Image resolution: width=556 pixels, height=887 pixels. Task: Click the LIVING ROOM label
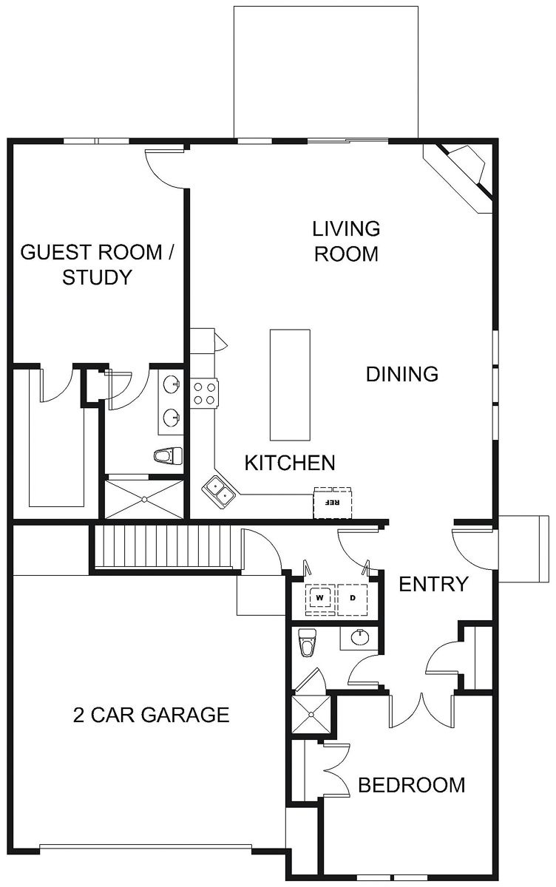click(x=347, y=241)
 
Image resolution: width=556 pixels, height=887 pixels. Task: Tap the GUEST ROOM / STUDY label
click(x=97, y=265)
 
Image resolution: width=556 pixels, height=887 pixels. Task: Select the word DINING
click(x=402, y=374)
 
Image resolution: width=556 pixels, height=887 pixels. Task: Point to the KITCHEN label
click(x=290, y=463)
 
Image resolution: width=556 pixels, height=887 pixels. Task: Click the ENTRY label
click(x=433, y=584)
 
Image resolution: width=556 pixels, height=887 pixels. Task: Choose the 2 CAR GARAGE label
click(x=152, y=715)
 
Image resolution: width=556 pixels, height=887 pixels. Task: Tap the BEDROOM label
click(x=412, y=785)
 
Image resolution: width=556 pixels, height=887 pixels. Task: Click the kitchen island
click(x=290, y=384)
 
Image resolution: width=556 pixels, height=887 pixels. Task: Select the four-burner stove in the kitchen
click(x=204, y=393)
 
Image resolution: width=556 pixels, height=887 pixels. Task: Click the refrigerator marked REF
click(x=333, y=503)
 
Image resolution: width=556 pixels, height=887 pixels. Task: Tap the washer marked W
click(x=320, y=598)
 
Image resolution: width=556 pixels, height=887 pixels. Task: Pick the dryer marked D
click(x=353, y=598)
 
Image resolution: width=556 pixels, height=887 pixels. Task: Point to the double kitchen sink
click(x=218, y=492)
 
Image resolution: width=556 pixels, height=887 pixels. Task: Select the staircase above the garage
click(x=163, y=546)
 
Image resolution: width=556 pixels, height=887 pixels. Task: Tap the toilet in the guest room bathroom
click(x=169, y=456)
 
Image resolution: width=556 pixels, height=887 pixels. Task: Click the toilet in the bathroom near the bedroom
click(x=307, y=642)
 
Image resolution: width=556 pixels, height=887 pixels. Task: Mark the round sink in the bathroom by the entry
click(x=360, y=637)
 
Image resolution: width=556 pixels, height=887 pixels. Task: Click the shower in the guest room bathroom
click(x=144, y=499)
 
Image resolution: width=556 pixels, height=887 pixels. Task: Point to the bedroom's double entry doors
click(x=421, y=710)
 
